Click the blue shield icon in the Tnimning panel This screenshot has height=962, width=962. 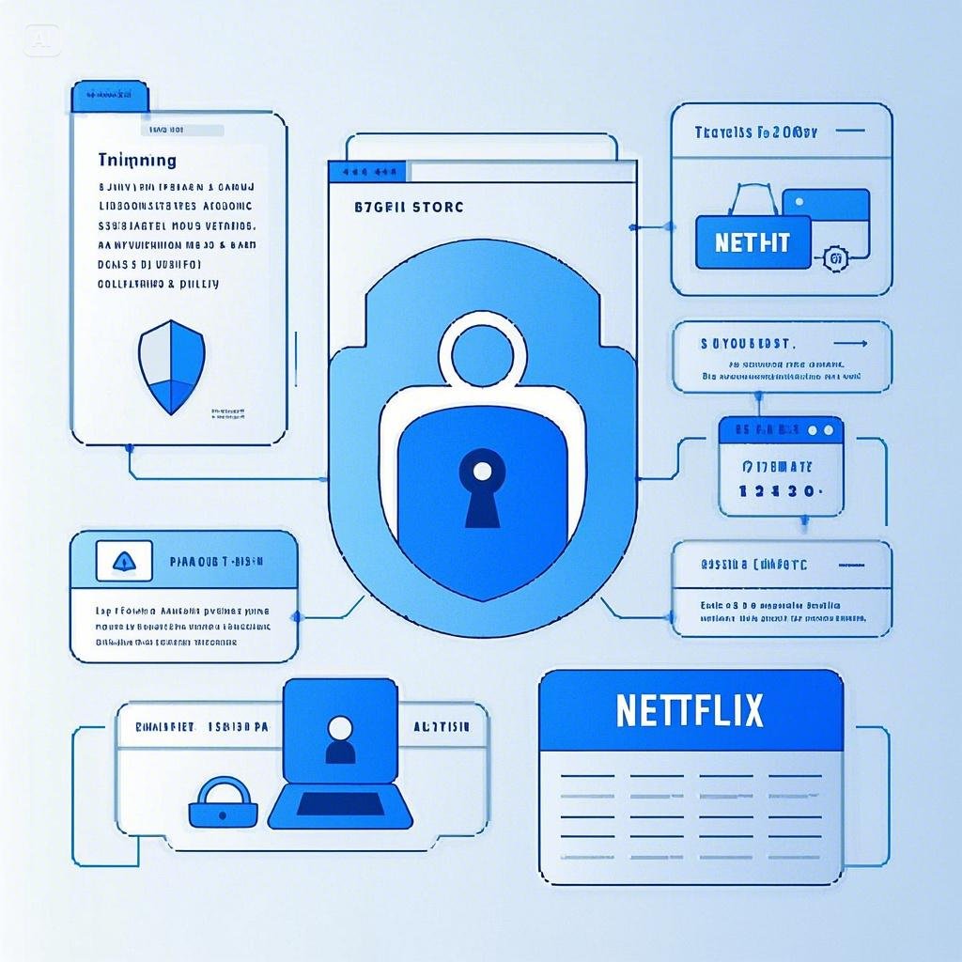[x=171, y=366]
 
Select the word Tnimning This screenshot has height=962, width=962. [x=136, y=162]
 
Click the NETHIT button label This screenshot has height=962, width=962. [x=752, y=243]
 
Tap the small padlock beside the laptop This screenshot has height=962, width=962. [x=223, y=802]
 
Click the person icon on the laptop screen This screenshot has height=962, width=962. [x=339, y=739]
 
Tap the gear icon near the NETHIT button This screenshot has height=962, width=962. [x=831, y=257]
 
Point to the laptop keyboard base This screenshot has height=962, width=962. [x=340, y=806]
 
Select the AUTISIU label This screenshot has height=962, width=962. [x=450, y=727]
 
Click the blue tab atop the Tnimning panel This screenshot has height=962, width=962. [x=110, y=95]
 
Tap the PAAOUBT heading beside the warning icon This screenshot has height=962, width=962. [x=216, y=562]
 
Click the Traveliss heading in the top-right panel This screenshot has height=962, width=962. [x=755, y=133]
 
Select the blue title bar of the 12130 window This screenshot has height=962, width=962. [x=781, y=431]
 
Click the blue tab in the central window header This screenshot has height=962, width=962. [x=367, y=172]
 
